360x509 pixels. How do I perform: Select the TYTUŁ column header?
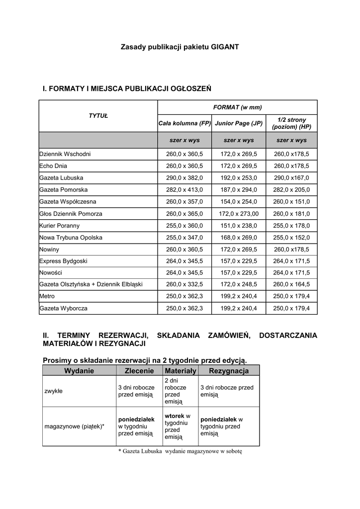click(x=98, y=116)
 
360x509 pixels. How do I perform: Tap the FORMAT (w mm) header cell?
click(x=237, y=107)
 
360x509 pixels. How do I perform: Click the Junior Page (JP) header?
click(x=239, y=123)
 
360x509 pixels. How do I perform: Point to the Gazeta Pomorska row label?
click(x=64, y=190)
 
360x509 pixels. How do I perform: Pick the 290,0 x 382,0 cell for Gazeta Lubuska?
click(x=184, y=178)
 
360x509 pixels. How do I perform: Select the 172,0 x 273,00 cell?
click(x=239, y=214)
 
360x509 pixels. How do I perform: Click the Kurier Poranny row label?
click(x=59, y=226)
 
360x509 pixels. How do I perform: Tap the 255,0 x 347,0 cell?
click(x=184, y=238)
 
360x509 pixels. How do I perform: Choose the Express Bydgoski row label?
click(x=63, y=261)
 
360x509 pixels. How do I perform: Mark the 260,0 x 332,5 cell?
click(x=184, y=285)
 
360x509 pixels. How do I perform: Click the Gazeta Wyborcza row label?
click(x=63, y=309)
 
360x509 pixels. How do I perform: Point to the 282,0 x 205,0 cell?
click(x=291, y=190)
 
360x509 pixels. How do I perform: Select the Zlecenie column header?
click(x=139, y=371)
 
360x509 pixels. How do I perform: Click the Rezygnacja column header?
click(x=229, y=371)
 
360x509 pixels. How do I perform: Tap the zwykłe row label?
click(x=54, y=391)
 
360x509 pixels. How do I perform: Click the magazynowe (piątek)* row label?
click(x=75, y=426)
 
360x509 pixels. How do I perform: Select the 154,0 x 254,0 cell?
click(x=239, y=202)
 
